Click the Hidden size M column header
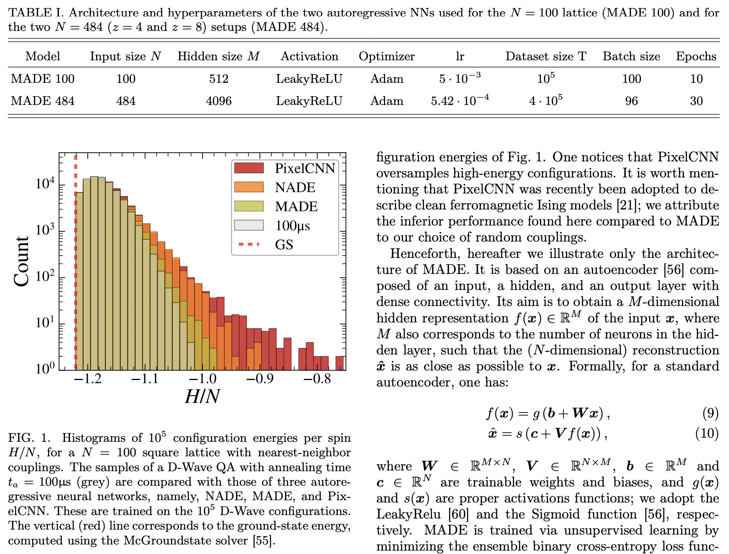pyautogui.click(x=218, y=56)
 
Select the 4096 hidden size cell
pyautogui.click(x=218, y=101)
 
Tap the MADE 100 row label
pyautogui.click(x=43, y=79)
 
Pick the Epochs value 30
pyautogui.click(x=696, y=101)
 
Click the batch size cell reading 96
pyautogui.click(x=631, y=101)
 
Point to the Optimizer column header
pyautogui.click(x=387, y=56)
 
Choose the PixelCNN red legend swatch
pyautogui.click(x=249, y=168)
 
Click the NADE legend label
pyautogui.click(x=295, y=187)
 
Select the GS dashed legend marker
pyautogui.click(x=249, y=244)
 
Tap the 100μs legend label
pyautogui.click(x=292, y=225)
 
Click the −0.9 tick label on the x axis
pyautogui.click(x=260, y=379)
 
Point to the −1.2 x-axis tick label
pyautogui.click(x=88, y=379)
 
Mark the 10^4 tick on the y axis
pyautogui.click(x=45, y=184)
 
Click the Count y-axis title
pyautogui.click(x=21, y=261)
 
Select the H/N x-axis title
pyautogui.click(x=202, y=397)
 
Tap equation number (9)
pyautogui.click(x=710, y=413)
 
